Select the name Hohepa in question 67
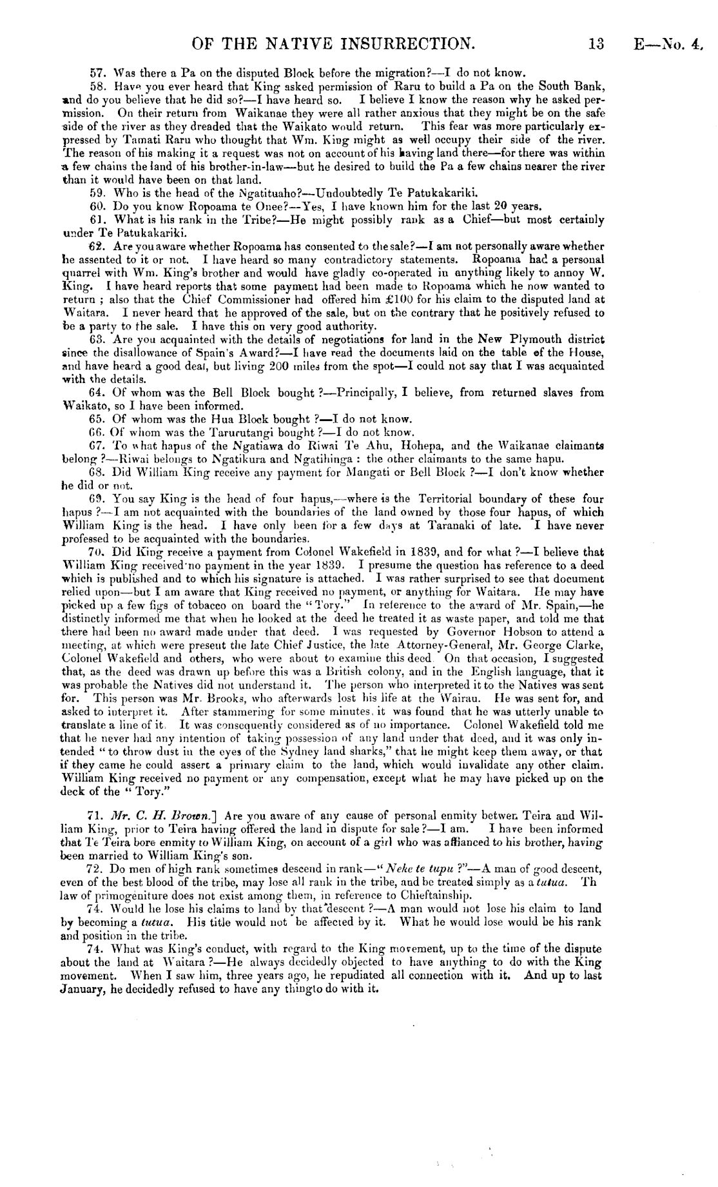pyautogui.click(x=419, y=445)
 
